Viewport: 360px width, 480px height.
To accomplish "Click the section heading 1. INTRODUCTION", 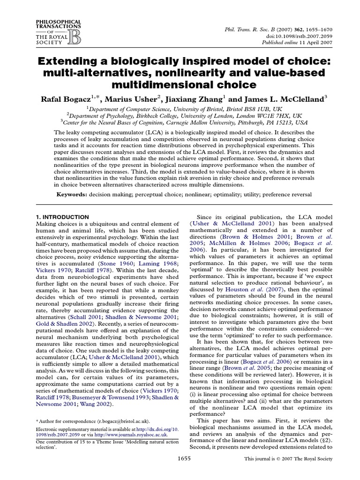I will pyautogui.click(x=62, y=217).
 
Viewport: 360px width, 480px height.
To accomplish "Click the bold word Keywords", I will pyautogui.click(x=73, y=193).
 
